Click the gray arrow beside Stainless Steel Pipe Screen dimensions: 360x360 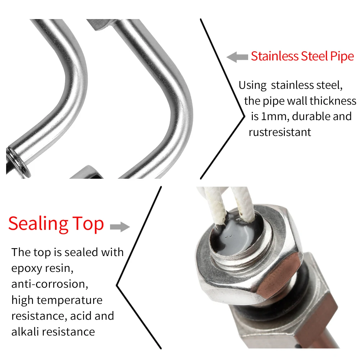tap(237, 56)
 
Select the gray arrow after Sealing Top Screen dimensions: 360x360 tap(119, 226)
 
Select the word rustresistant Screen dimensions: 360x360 tap(280, 132)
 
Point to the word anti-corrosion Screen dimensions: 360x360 tap(50, 284)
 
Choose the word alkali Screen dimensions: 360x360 tap(25, 331)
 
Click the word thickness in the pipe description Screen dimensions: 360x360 tap(333, 101)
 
